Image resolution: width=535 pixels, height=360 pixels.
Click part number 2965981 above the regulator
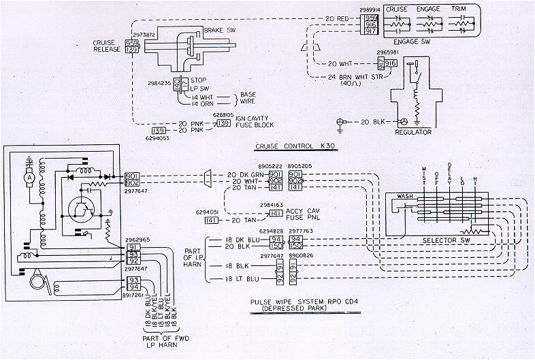386,52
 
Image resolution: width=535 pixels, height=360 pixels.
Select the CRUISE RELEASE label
108,46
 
